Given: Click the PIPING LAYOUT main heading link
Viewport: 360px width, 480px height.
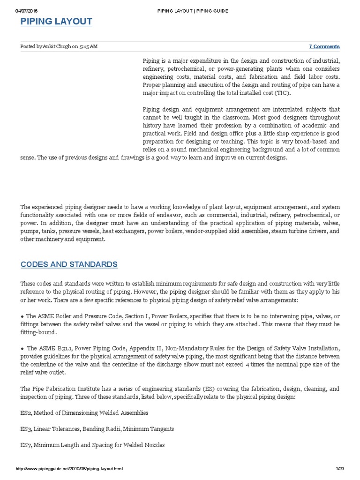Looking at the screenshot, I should [56, 22].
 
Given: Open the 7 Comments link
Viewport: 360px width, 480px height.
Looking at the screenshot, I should [324, 46].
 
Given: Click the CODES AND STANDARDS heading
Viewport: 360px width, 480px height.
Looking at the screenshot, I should [69, 264].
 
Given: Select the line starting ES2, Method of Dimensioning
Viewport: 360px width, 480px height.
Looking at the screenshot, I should [84, 413].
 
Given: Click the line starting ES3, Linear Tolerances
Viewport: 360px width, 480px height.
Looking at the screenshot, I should [97, 429].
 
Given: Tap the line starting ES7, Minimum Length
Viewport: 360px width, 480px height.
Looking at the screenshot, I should [93, 445].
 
